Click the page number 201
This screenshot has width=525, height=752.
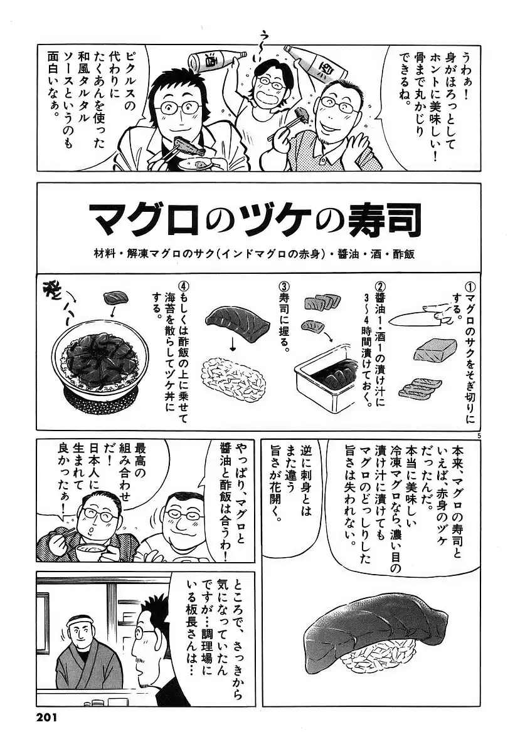coord(46,736)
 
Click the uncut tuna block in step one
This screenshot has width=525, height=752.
coord(435,350)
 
